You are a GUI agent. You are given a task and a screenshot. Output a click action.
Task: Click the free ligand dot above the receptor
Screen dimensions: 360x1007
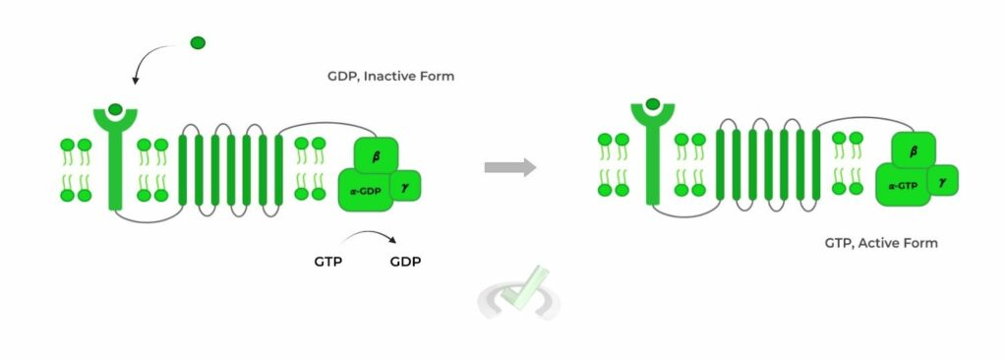pos(198,42)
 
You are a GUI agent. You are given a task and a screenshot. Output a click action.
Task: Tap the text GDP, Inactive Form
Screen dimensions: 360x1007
pos(390,76)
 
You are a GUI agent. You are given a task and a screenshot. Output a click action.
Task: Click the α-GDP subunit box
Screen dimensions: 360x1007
pos(364,191)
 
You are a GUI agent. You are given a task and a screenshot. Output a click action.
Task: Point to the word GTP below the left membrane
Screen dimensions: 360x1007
pos(328,262)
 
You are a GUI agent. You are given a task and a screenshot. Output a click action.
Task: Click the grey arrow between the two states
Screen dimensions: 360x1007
pos(509,167)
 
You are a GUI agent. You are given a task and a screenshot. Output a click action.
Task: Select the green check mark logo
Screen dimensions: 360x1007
pos(518,294)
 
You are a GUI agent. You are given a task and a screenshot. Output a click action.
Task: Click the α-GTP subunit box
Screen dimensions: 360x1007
pos(903,186)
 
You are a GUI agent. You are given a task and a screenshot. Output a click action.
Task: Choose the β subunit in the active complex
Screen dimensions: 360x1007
pos(915,151)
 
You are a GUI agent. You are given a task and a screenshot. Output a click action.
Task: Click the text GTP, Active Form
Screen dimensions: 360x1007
pos(881,243)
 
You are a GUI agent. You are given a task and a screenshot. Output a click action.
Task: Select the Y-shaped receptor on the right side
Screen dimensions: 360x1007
pos(652,148)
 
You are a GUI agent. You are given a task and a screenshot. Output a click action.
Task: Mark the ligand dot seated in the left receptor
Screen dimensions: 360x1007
pos(116,109)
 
